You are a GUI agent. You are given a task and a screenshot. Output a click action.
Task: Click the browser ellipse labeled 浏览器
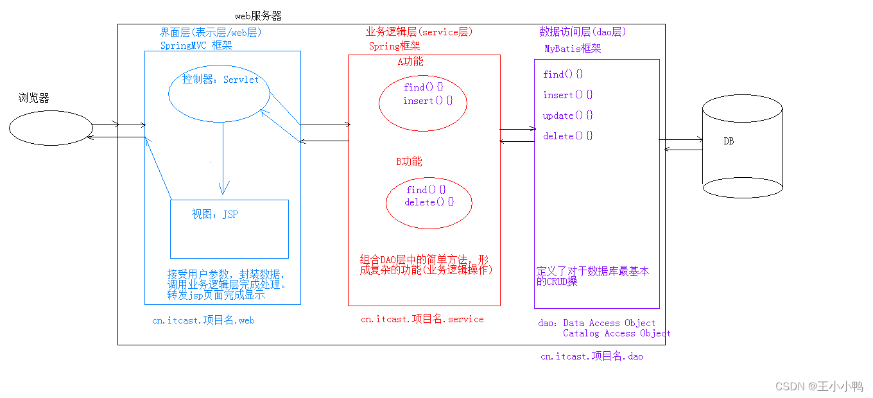tap(51, 128)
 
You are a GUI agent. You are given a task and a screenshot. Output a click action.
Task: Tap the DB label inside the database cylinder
tap(729, 141)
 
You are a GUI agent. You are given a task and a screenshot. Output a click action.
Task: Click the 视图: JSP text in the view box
tap(214, 214)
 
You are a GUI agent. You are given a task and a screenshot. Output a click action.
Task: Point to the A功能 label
tap(411, 62)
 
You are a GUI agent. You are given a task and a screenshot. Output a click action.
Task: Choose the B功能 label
tap(409, 162)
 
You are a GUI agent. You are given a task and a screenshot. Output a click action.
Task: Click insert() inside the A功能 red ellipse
tap(428, 101)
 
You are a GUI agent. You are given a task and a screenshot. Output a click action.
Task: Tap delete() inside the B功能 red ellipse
tap(429, 202)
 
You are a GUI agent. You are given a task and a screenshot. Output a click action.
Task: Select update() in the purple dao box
tap(567, 116)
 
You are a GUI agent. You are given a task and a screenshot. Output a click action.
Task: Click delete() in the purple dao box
tap(567, 136)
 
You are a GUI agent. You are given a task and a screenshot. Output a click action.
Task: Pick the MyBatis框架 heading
tap(573, 49)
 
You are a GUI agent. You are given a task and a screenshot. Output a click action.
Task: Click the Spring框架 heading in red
tap(395, 46)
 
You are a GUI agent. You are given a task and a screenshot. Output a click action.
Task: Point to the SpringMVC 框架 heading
tap(196, 45)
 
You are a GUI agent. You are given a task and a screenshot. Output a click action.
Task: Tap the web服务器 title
tap(258, 15)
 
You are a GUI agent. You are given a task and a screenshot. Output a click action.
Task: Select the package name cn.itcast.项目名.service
tap(422, 319)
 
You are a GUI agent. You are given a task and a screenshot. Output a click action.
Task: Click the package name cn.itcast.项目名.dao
tap(591, 356)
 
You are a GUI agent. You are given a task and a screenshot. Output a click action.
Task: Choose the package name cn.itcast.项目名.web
tap(203, 320)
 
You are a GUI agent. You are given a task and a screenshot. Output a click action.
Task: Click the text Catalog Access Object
tap(616, 333)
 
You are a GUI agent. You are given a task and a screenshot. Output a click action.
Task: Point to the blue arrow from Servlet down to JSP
tap(223, 157)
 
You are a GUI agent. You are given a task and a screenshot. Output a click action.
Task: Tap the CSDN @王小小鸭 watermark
tap(818, 386)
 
